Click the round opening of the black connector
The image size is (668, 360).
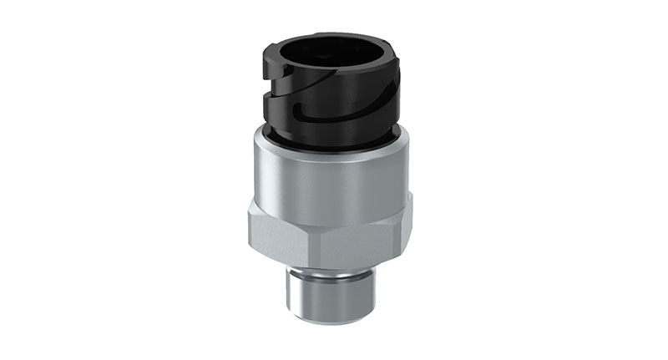coord(333,58)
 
